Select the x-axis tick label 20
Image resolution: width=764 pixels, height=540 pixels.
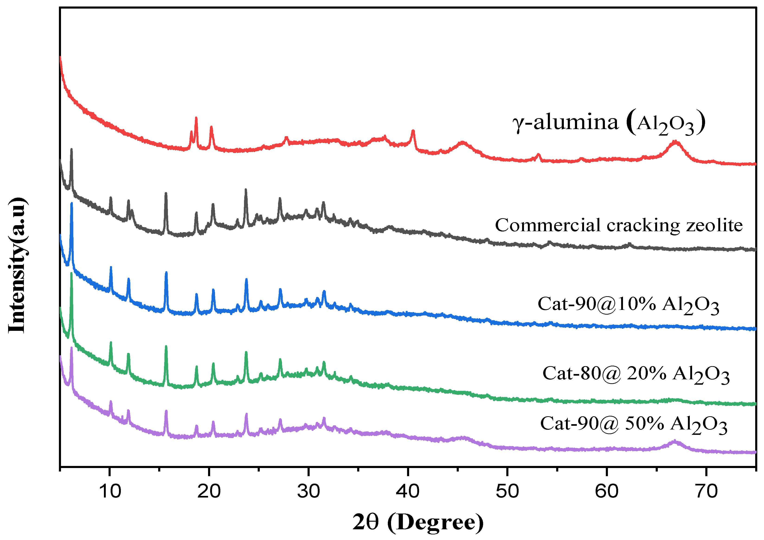pos(209,491)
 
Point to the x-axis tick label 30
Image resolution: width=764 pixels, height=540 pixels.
pos(308,491)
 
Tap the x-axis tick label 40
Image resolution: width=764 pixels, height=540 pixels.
pos(408,491)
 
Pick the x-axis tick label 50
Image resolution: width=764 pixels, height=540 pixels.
pos(507,491)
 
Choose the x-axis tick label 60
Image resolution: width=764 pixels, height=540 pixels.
pos(606,491)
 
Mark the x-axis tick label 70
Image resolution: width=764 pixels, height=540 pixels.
pos(706,491)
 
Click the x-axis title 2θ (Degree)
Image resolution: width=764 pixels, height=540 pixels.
pos(418,522)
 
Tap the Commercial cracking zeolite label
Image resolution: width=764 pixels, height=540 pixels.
pos(619,225)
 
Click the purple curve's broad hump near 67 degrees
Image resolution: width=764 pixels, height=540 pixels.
pos(674,441)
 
